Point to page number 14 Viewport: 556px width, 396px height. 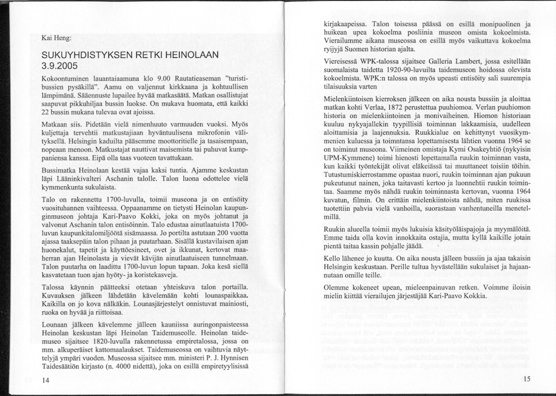click(46, 380)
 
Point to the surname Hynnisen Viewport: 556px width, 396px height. click(232, 359)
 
